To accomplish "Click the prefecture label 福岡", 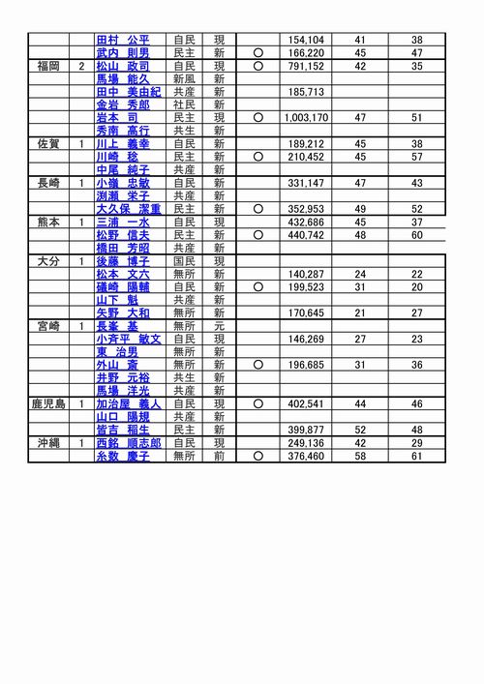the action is pyautogui.click(x=47, y=66).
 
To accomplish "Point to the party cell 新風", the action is pyautogui.click(x=184, y=78).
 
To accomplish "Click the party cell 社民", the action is pyautogui.click(x=184, y=104).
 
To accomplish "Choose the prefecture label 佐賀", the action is pyautogui.click(x=47, y=143).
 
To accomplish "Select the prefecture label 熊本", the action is pyautogui.click(x=47, y=222).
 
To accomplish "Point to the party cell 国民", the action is pyautogui.click(x=184, y=260).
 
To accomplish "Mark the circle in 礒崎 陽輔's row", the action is pyautogui.click(x=257, y=286).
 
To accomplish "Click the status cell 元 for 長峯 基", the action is pyautogui.click(x=219, y=325).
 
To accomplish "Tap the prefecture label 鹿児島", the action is pyautogui.click(x=47, y=403).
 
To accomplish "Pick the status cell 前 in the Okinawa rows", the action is pyautogui.click(x=219, y=456).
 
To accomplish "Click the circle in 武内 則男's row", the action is pyautogui.click(x=257, y=52).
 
